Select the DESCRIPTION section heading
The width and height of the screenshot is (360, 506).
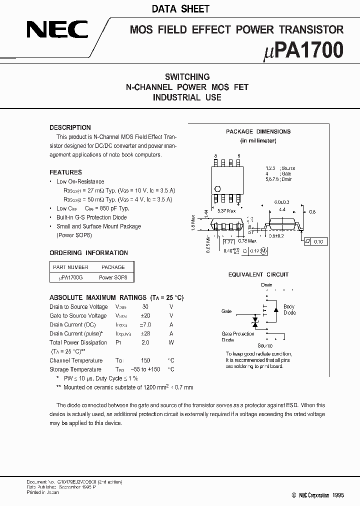tap(70, 127)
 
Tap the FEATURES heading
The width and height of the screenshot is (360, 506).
tap(65, 172)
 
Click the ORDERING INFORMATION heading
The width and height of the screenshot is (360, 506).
tap(88, 253)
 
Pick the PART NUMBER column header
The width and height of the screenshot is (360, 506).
tap(70, 267)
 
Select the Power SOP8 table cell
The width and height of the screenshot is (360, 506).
tap(113, 277)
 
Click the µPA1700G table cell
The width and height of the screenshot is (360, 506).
tap(70, 277)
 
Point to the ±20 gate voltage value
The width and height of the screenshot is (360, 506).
tap(145, 316)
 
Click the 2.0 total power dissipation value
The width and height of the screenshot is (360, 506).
tap(145, 343)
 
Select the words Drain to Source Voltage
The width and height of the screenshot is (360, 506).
tap(78, 307)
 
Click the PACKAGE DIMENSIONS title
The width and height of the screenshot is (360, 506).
tap(258, 131)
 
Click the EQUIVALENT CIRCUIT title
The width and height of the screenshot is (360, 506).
tap(258, 274)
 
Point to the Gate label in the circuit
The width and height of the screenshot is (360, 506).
tap(226, 311)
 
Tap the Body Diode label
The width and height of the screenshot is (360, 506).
tap(289, 309)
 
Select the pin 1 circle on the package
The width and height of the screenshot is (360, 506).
tap(217, 188)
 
